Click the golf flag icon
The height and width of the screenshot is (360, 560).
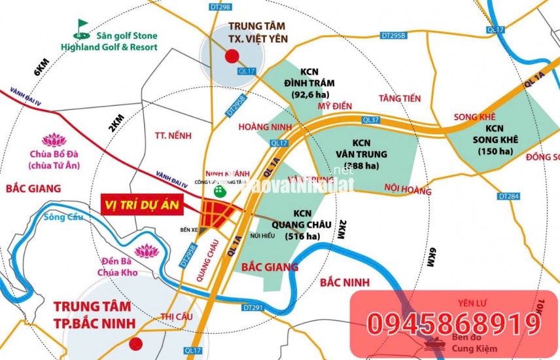click(81, 27)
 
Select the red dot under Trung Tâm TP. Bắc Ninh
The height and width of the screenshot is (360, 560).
click(135, 343)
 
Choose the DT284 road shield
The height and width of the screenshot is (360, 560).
click(506, 196)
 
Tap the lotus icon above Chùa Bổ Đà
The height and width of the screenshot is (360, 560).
click(50, 139)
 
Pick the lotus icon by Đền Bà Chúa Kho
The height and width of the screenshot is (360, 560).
click(146, 251)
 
